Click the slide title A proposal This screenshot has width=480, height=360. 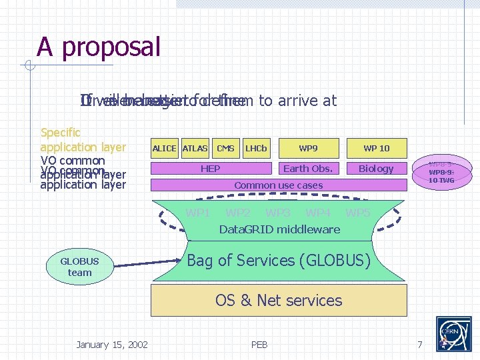pyautogui.click(x=99, y=47)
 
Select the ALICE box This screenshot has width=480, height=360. pyautogui.click(x=165, y=148)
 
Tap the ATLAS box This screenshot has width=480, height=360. pyautogui.click(x=195, y=148)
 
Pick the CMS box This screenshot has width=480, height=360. pyautogui.click(x=225, y=148)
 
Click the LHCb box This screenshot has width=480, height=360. pyautogui.click(x=256, y=148)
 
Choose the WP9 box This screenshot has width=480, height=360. pyautogui.click(x=308, y=148)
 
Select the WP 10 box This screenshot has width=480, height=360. pyautogui.click(x=376, y=148)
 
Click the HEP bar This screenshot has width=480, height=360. pyautogui.click(x=211, y=169)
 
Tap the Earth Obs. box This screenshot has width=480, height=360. pyautogui.click(x=308, y=169)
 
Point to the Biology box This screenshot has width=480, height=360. pyautogui.click(x=376, y=169)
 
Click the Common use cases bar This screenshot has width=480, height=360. pyautogui.click(x=279, y=185)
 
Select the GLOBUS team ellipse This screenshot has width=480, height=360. pyautogui.click(x=79, y=267)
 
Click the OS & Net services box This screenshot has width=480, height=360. pyautogui.click(x=279, y=300)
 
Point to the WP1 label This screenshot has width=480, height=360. pyautogui.click(x=198, y=213)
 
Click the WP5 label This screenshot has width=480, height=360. pyautogui.click(x=358, y=213)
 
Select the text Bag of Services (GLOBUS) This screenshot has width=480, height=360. pyautogui.click(x=279, y=261)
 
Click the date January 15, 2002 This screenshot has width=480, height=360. pyautogui.click(x=112, y=344)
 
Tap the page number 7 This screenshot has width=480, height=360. pyautogui.click(x=419, y=344)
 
